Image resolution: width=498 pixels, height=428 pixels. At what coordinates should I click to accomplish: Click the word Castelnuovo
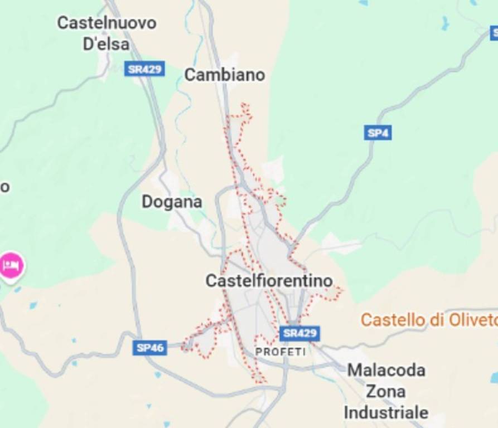tap(107, 23)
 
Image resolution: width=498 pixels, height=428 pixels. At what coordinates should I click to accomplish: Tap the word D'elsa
tap(106, 44)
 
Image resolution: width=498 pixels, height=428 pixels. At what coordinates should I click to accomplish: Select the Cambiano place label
tap(224, 75)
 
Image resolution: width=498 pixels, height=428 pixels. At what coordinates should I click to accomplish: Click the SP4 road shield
tap(378, 133)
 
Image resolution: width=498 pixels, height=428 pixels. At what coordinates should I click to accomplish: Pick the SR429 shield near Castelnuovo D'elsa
tap(144, 69)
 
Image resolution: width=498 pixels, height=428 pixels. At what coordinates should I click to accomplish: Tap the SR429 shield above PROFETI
tap(299, 333)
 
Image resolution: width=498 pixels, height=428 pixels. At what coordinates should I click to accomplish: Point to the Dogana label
tap(171, 202)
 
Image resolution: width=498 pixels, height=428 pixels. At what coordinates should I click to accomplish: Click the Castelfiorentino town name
tap(269, 280)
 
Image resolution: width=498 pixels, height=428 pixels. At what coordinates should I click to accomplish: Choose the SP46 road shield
tap(150, 348)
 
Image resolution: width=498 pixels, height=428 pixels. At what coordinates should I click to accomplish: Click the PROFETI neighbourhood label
tap(280, 352)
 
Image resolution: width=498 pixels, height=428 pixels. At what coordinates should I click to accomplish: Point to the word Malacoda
tap(386, 370)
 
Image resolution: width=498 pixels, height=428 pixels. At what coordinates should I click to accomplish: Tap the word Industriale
tap(386, 412)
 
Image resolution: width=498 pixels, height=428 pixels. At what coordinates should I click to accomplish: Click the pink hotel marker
tap(11, 265)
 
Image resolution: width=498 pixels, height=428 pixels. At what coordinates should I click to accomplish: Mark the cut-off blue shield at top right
tap(493, 33)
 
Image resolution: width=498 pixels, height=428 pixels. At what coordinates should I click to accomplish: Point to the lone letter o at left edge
tap(4, 187)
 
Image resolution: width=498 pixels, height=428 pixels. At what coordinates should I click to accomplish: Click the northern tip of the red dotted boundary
tap(244, 104)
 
